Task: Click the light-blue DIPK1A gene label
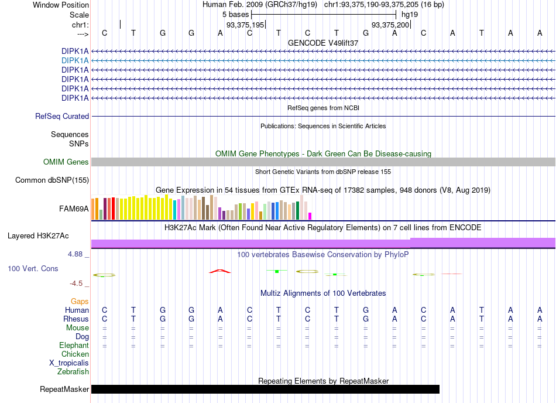(75, 61)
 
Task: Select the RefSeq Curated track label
(62, 117)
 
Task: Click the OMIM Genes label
(66, 162)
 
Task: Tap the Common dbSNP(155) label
(52, 180)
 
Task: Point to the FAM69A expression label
(74, 209)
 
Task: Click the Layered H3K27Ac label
(38, 236)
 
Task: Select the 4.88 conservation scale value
(75, 254)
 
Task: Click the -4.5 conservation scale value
(76, 284)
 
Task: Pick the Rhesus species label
(76, 319)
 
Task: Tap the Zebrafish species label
(73, 372)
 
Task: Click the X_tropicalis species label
(69, 363)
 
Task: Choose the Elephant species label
(74, 345)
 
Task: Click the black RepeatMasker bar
(265, 389)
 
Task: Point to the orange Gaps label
(80, 301)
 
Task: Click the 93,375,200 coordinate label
(390, 25)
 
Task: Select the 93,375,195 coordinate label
(245, 25)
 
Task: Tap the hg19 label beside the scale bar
(410, 15)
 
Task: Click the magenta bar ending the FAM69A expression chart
(310, 216)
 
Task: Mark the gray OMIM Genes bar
(323, 162)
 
